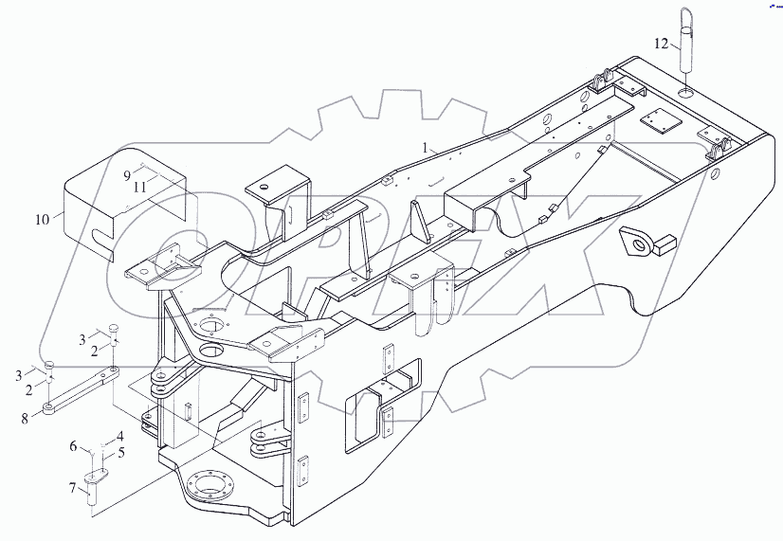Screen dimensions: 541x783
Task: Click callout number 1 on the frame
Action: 428,148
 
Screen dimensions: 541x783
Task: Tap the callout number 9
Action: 126,175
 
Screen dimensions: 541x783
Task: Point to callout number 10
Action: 41,220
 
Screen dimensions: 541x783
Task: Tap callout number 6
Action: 74,445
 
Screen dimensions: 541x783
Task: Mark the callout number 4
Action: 119,436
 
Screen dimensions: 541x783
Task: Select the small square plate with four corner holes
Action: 655,121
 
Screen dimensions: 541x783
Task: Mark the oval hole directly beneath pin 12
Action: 687,95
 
